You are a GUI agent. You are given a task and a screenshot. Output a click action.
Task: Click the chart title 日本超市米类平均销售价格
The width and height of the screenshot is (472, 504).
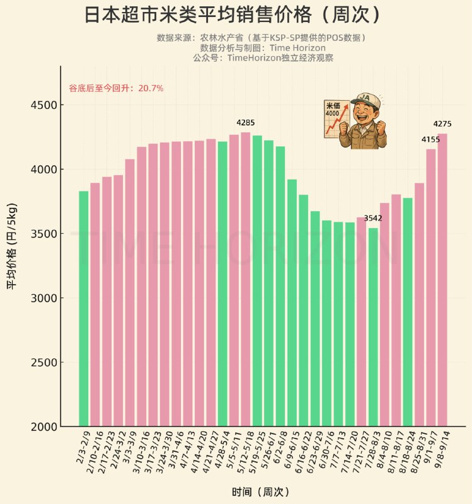click(233, 15)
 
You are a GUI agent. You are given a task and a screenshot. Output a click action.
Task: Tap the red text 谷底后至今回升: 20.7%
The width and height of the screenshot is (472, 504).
click(116, 88)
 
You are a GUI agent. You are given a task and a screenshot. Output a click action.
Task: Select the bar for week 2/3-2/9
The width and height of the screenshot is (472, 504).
click(84, 309)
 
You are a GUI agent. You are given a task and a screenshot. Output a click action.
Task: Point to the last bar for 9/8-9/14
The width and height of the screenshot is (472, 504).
click(442, 280)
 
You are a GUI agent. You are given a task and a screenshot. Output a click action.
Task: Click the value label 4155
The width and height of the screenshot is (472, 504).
click(430, 139)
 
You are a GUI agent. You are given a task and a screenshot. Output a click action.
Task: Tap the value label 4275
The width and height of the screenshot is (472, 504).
click(442, 124)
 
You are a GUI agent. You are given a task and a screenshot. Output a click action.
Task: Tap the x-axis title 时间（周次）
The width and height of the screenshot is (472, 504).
click(260, 491)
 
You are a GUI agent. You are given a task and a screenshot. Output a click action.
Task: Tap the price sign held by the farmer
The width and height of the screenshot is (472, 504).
click(336, 118)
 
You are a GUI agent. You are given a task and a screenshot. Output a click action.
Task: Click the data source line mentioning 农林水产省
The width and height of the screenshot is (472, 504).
click(261, 38)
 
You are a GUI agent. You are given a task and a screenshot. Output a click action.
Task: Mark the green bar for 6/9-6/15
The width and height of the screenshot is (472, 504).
click(292, 303)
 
